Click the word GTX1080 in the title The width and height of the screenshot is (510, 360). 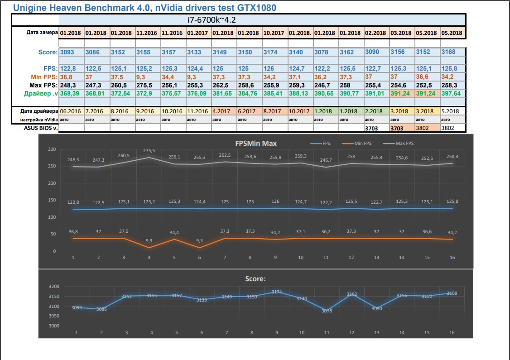pos(254,8)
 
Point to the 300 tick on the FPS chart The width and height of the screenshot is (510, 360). pos(52,149)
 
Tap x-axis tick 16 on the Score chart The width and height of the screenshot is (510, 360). pos(452,333)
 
